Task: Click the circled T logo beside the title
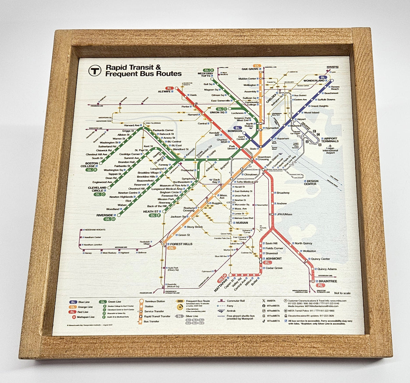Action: (x=95, y=70)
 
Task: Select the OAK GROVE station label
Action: (x=250, y=69)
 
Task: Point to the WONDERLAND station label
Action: (x=314, y=81)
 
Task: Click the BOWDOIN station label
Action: (x=235, y=131)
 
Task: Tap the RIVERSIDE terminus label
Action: (x=104, y=215)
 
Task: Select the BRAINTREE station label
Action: (x=328, y=281)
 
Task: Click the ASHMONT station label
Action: (x=274, y=259)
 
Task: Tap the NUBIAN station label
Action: (x=242, y=223)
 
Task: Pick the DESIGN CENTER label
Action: (x=311, y=183)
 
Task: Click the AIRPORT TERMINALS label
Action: (x=330, y=140)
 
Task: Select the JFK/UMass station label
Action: (x=284, y=214)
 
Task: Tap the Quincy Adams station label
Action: (x=327, y=269)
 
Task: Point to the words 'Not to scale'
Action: (x=342, y=293)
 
